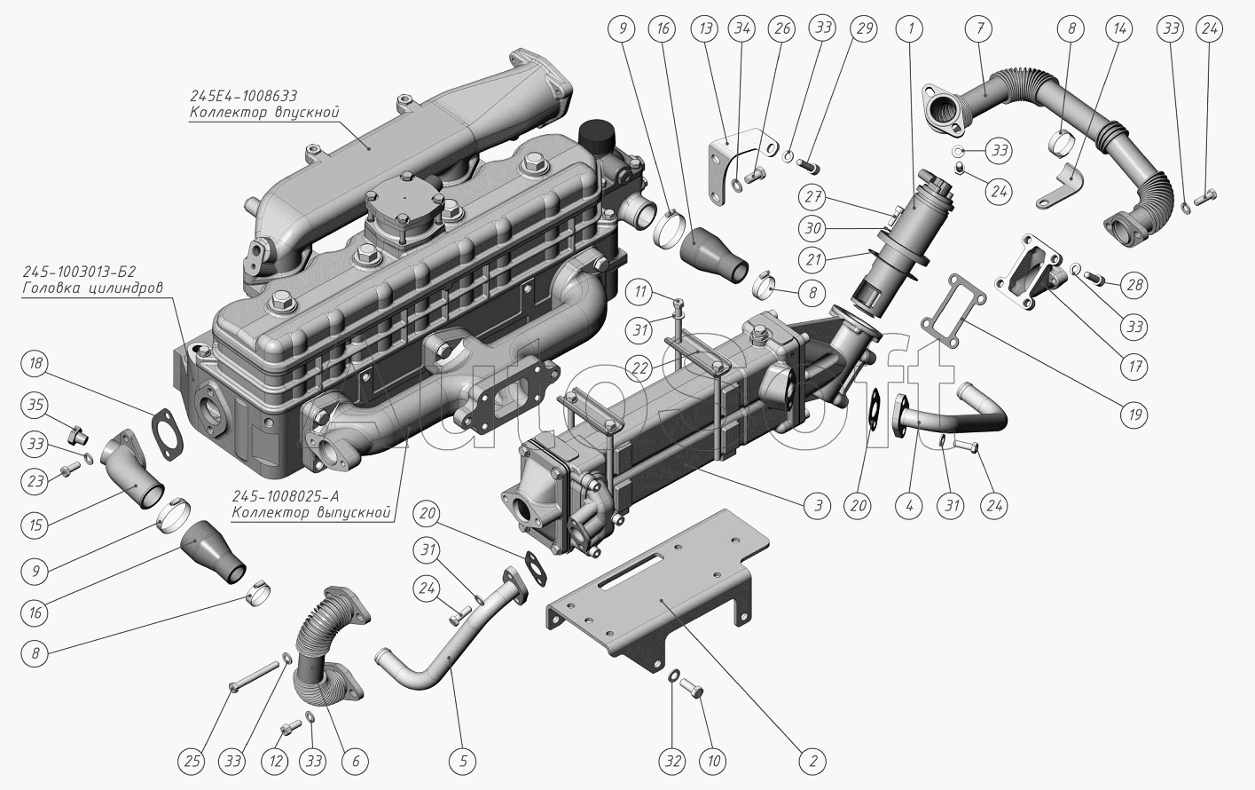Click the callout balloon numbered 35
35,405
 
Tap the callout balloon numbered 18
35,363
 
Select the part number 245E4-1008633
243,95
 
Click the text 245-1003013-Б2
79,272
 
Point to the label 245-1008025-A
286,497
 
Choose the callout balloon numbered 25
192,761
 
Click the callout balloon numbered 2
813,761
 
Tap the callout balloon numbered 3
819,505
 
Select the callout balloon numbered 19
1134,415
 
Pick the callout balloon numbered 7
980,28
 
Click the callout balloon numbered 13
705,28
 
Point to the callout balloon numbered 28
1134,286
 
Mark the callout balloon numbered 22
640,368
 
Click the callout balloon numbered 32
673,761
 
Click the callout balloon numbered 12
276,761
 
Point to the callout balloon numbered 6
355,761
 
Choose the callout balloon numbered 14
1119,28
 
